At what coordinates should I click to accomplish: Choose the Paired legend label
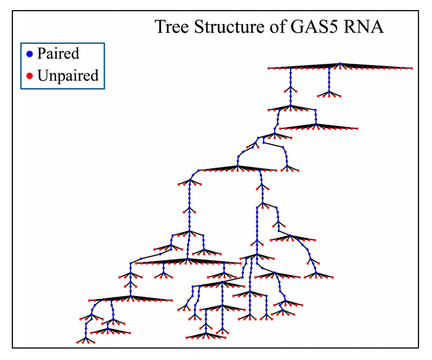point(58,54)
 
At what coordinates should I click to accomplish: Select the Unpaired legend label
point(67,75)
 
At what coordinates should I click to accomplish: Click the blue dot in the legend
point(30,54)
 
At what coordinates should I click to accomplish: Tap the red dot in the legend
point(30,76)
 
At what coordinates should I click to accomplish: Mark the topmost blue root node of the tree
point(340,64)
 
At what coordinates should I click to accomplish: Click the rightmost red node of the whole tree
point(412,68)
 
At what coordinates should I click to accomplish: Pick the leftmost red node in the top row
point(269,68)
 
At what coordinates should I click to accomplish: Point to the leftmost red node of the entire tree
point(78,342)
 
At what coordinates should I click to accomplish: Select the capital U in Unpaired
point(43,75)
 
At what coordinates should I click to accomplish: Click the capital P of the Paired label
point(41,54)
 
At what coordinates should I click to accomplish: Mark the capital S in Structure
point(199,27)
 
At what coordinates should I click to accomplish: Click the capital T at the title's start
point(160,27)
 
